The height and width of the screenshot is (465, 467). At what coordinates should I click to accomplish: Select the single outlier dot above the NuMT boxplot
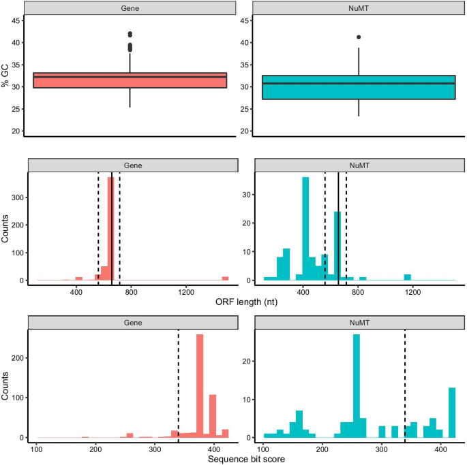click(359, 37)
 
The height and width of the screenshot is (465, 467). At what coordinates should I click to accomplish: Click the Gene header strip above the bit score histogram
click(130, 322)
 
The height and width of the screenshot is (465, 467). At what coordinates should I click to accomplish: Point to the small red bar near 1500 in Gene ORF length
click(225, 278)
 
